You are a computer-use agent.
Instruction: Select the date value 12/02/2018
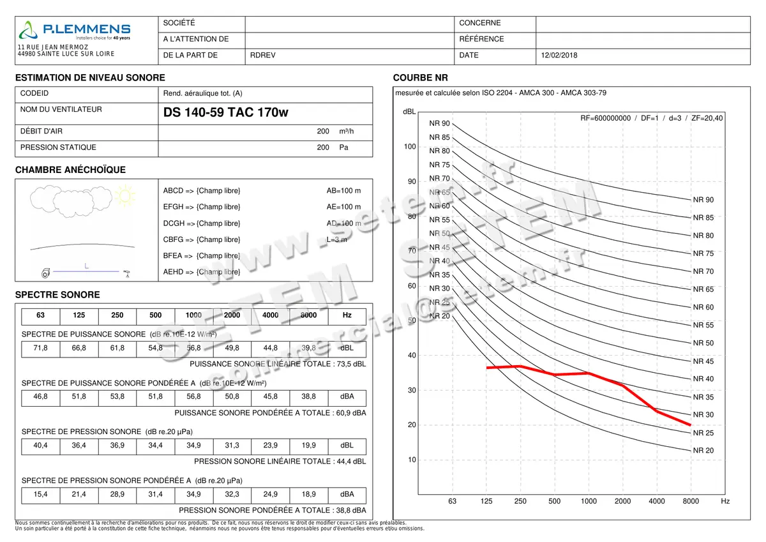pyautogui.click(x=559, y=56)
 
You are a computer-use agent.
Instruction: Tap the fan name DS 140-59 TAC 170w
pyautogui.click(x=226, y=113)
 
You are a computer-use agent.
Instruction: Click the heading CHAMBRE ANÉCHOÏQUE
pyautogui.click(x=70, y=170)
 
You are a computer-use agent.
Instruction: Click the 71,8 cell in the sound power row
pyautogui.click(x=40, y=348)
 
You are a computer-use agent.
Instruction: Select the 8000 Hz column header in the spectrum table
pyautogui.click(x=308, y=315)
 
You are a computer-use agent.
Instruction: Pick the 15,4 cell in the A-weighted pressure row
pyautogui.click(x=40, y=494)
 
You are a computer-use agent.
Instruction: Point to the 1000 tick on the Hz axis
pyautogui.click(x=589, y=501)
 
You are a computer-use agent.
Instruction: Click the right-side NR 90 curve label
pyautogui.click(x=703, y=200)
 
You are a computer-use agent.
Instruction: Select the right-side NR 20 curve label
pyautogui.click(x=703, y=450)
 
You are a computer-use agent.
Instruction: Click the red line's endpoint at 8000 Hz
pyautogui.click(x=691, y=425)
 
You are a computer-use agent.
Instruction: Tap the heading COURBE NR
pyautogui.click(x=421, y=78)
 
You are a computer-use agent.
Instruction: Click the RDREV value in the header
pyautogui.click(x=263, y=56)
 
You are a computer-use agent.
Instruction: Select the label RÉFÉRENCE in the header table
pyautogui.click(x=481, y=39)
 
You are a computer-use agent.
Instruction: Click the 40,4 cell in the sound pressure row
pyautogui.click(x=40, y=446)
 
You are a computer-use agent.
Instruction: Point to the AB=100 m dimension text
pyautogui.click(x=343, y=191)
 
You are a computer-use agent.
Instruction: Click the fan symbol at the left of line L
pyautogui.click(x=45, y=273)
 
